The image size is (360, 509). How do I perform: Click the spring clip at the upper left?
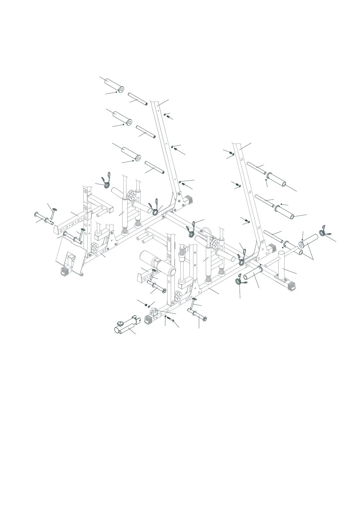tap(106, 181)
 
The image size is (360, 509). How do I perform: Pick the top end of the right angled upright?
tap(237, 144)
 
